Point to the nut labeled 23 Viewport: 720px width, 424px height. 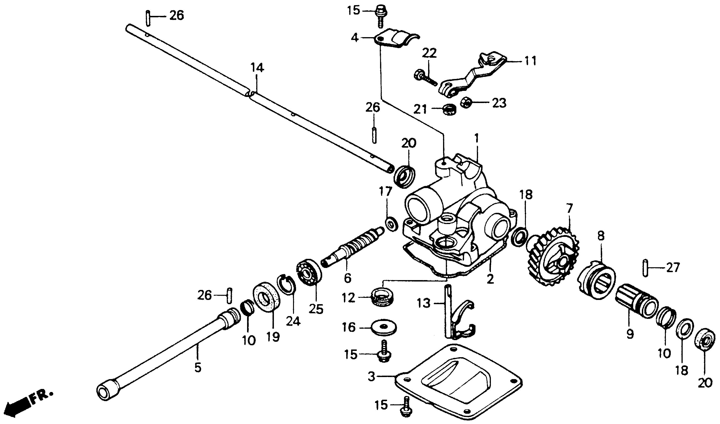point(466,102)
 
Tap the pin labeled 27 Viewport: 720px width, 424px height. point(645,268)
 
